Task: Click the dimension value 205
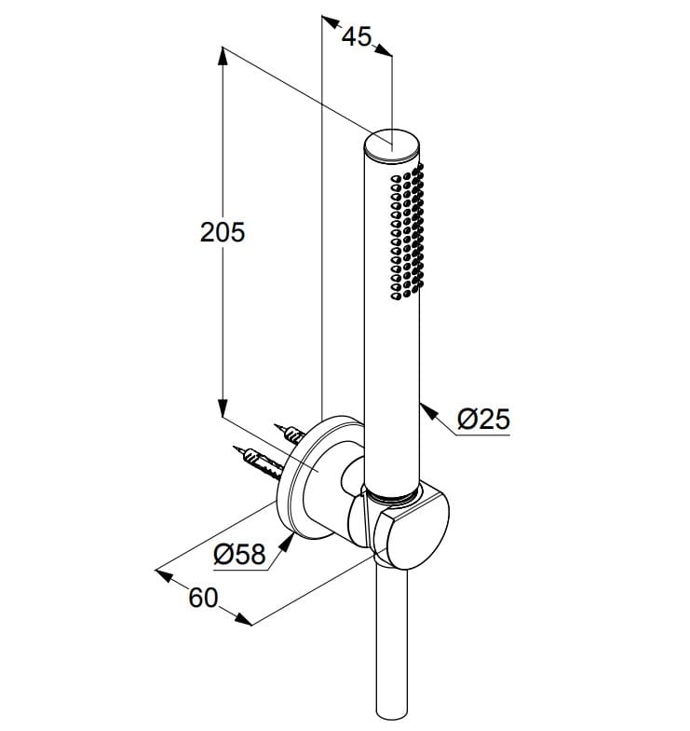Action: coord(223,232)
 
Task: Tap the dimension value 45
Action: coord(356,36)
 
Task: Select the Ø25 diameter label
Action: coord(484,420)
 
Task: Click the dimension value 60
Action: coord(203,598)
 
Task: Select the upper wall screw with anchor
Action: coord(292,434)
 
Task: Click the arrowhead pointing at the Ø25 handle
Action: coord(426,408)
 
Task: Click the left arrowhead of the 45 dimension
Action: coord(328,21)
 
